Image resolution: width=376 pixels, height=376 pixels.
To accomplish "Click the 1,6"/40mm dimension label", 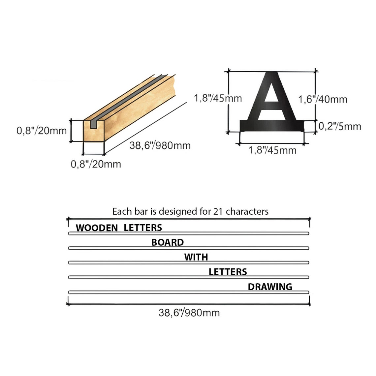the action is (323, 99).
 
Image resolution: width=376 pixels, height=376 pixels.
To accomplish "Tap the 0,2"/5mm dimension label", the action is (340, 126).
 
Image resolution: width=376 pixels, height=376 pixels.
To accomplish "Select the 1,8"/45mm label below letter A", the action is (272, 150).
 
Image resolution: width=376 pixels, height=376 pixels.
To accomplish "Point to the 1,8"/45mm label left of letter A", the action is (218, 98).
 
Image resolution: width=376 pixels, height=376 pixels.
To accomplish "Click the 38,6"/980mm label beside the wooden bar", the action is (160, 145).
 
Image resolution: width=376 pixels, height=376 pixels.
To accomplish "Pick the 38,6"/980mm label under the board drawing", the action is (189, 313).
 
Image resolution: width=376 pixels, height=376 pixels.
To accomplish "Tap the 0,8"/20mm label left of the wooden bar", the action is (42, 131).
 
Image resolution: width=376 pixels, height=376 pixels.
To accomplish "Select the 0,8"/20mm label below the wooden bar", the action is (96, 164).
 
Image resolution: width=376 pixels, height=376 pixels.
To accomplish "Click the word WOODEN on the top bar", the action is (97, 228).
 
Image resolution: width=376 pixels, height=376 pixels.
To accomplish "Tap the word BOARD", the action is (168, 242).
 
